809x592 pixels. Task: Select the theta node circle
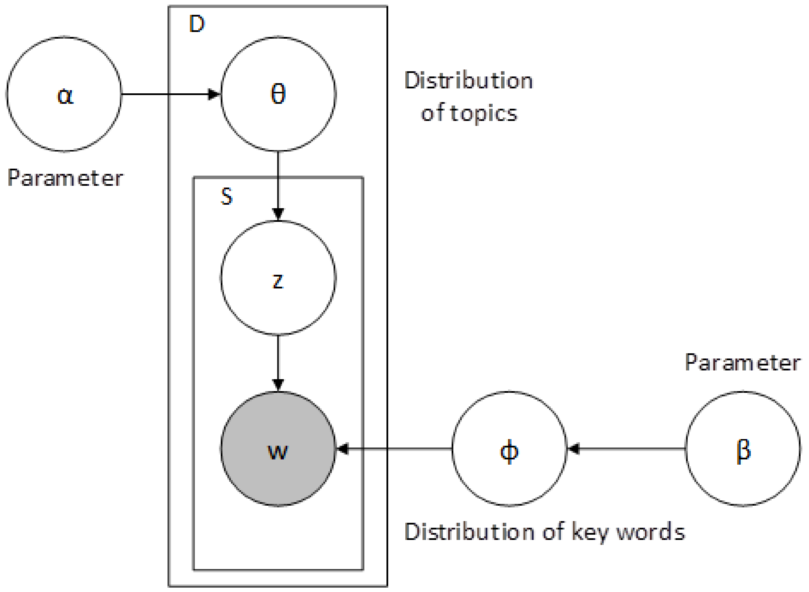coord(278,94)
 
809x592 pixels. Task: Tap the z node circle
coord(278,278)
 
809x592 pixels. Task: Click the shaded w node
coord(278,449)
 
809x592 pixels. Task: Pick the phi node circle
coord(509,449)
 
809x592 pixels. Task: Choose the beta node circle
coord(743,449)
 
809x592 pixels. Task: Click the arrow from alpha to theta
coord(168,94)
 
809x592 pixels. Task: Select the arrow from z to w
coord(278,362)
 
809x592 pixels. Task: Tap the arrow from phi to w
coord(394,449)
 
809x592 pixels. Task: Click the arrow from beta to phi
coord(627,449)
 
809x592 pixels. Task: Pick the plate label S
coord(227,196)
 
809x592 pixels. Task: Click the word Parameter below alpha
coord(65,178)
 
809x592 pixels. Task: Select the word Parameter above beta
coord(743,363)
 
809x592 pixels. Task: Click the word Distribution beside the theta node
coord(468,81)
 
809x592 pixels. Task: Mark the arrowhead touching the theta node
coord(214,94)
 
